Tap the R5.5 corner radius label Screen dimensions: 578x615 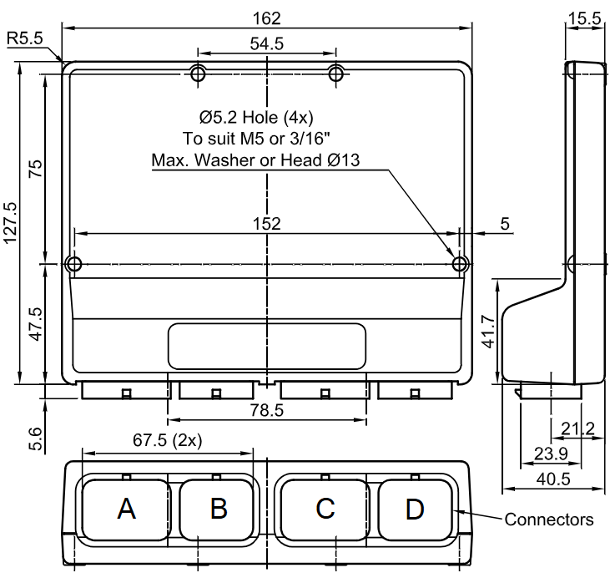(x=25, y=38)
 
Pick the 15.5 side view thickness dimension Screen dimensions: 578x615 (x=584, y=18)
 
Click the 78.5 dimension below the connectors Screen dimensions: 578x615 (x=267, y=410)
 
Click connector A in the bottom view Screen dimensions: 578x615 (x=127, y=508)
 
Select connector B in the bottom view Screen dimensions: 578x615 (x=219, y=508)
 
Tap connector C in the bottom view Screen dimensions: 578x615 (x=325, y=508)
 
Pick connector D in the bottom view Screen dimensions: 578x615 (x=415, y=508)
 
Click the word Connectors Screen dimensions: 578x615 (x=548, y=520)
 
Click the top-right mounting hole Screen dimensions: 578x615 (x=336, y=74)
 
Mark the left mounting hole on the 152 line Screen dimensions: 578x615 (x=73, y=265)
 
